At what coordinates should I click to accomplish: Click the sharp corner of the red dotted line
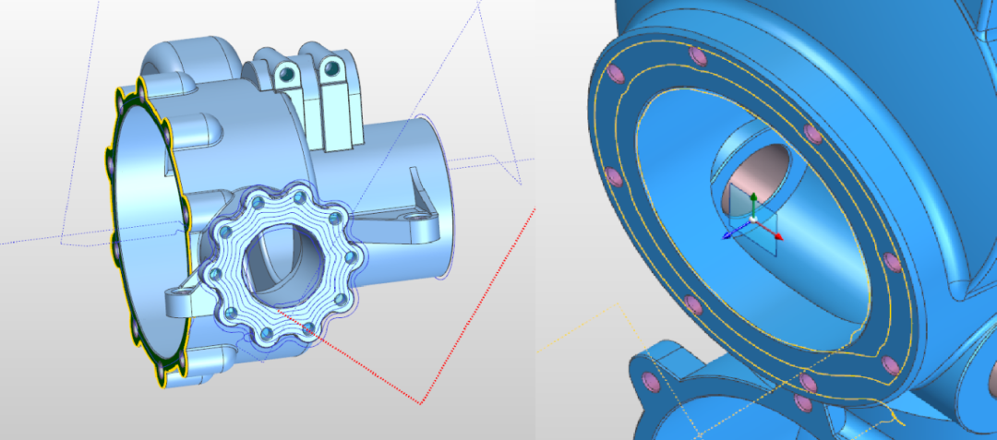pyautogui.click(x=421, y=403)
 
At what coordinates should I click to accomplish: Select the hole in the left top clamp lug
pyautogui.click(x=289, y=73)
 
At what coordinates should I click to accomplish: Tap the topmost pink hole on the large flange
pyautogui.click(x=698, y=58)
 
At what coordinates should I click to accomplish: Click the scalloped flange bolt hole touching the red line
pyautogui.click(x=308, y=328)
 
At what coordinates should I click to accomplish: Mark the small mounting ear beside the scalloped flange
pyautogui.click(x=180, y=300)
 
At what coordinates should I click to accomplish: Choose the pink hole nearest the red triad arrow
pyautogui.click(x=891, y=261)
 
